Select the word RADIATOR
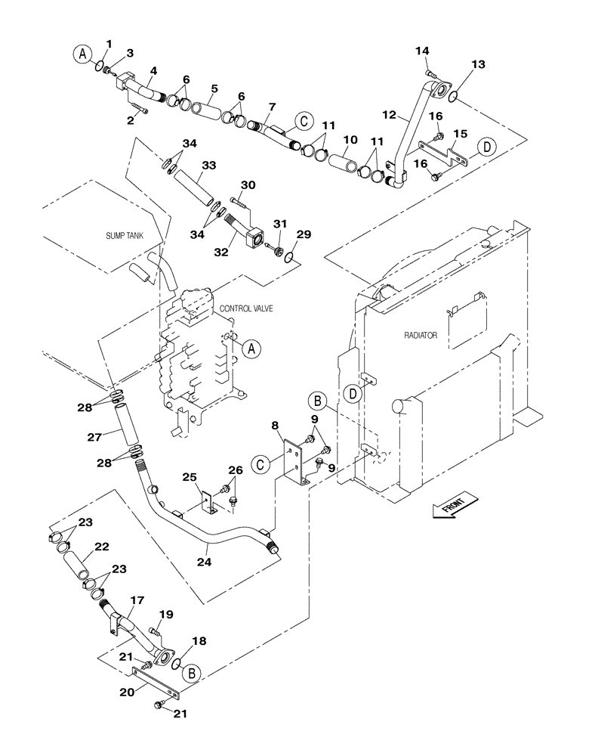pos(421,334)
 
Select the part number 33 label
pos(208,164)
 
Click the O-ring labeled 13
pos(449,96)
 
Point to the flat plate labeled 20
pos(156,683)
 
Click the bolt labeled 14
pos(430,73)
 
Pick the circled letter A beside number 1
pos(82,53)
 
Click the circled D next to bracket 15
pos(489,146)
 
